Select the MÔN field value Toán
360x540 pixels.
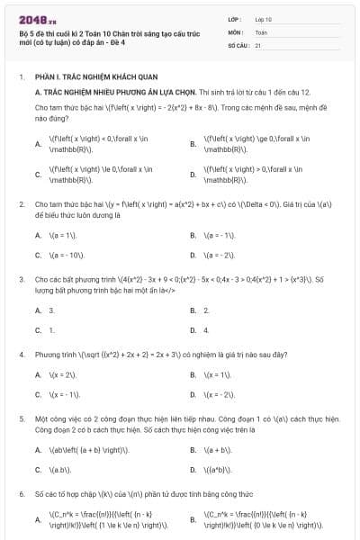tap(261, 31)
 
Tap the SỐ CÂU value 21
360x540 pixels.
tap(258, 44)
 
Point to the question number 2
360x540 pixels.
tap(21, 204)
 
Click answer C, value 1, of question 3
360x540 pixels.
tap(51, 330)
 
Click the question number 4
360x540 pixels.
tap(21, 355)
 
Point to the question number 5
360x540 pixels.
tap(21, 418)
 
